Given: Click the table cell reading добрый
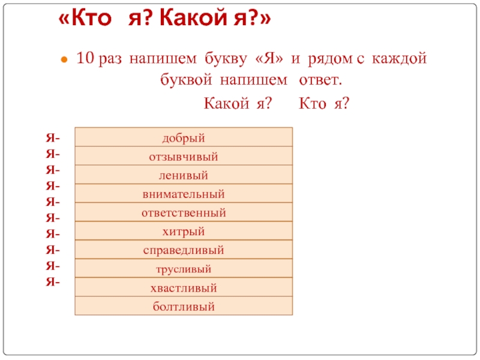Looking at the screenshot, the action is (x=184, y=137).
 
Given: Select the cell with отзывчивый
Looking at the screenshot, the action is (x=184, y=156).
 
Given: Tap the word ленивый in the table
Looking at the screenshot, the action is (x=184, y=175).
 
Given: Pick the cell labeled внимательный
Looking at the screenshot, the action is (x=184, y=193).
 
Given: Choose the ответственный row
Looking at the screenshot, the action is (x=184, y=212).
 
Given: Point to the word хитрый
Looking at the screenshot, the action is (x=184, y=232).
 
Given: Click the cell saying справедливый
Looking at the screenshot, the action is (x=184, y=250).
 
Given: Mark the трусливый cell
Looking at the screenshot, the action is (x=184, y=268).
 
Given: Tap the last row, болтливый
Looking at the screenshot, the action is (x=184, y=306).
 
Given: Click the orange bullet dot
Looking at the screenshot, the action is (x=64, y=59).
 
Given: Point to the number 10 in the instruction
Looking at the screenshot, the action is (x=85, y=58).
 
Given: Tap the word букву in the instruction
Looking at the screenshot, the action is (x=226, y=59).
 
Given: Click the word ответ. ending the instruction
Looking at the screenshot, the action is (x=320, y=80).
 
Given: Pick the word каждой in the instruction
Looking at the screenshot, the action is (x=399, y=59).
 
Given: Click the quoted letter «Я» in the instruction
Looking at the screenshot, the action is (x=269, y=58).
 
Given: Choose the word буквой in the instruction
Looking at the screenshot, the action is (x=186, y=80).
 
